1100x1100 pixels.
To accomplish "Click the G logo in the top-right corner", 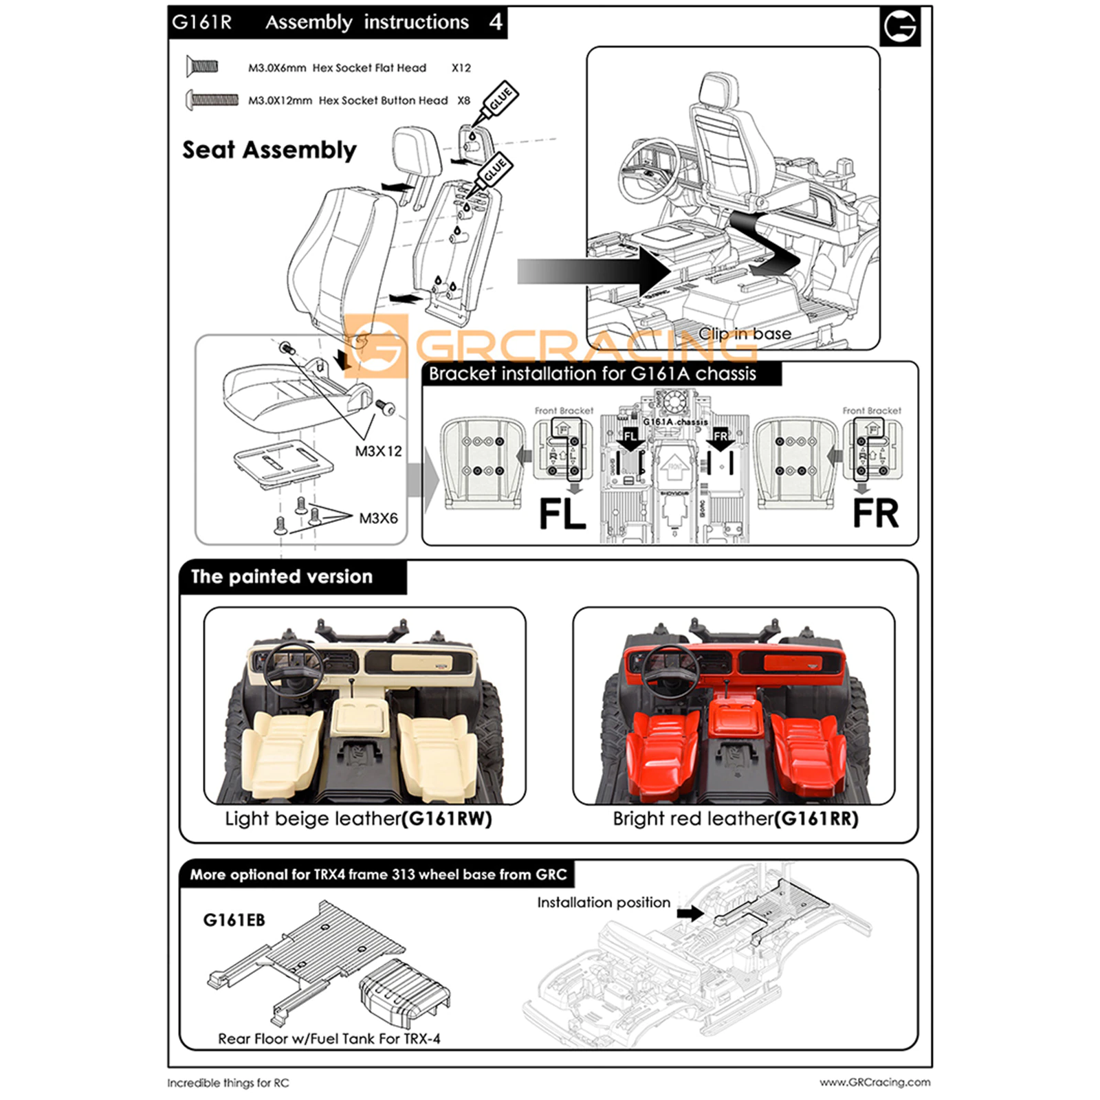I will point(900,27).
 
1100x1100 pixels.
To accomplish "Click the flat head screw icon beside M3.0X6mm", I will point(202,67).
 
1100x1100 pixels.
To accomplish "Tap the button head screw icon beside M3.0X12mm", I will point(212,100).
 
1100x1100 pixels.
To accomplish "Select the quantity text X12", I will point(461,68).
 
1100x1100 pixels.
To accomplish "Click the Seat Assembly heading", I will point(269,150).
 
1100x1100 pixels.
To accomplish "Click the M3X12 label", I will point(378,451).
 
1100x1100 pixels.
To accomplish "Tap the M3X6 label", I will point(378,518).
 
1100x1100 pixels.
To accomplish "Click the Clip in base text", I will point(745,333).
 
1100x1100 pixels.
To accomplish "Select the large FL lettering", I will point(562,514).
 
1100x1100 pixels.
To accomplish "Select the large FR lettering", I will point(875,514).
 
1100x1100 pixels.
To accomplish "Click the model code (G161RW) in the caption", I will point(447,819).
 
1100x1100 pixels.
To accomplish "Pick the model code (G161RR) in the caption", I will point(816,819).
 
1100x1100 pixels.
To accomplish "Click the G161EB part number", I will point(234,920).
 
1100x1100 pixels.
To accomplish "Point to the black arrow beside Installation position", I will point(690,913).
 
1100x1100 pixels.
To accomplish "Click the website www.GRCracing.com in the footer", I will point(874,1082).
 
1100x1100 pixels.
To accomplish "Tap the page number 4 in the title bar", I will point(496,22).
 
